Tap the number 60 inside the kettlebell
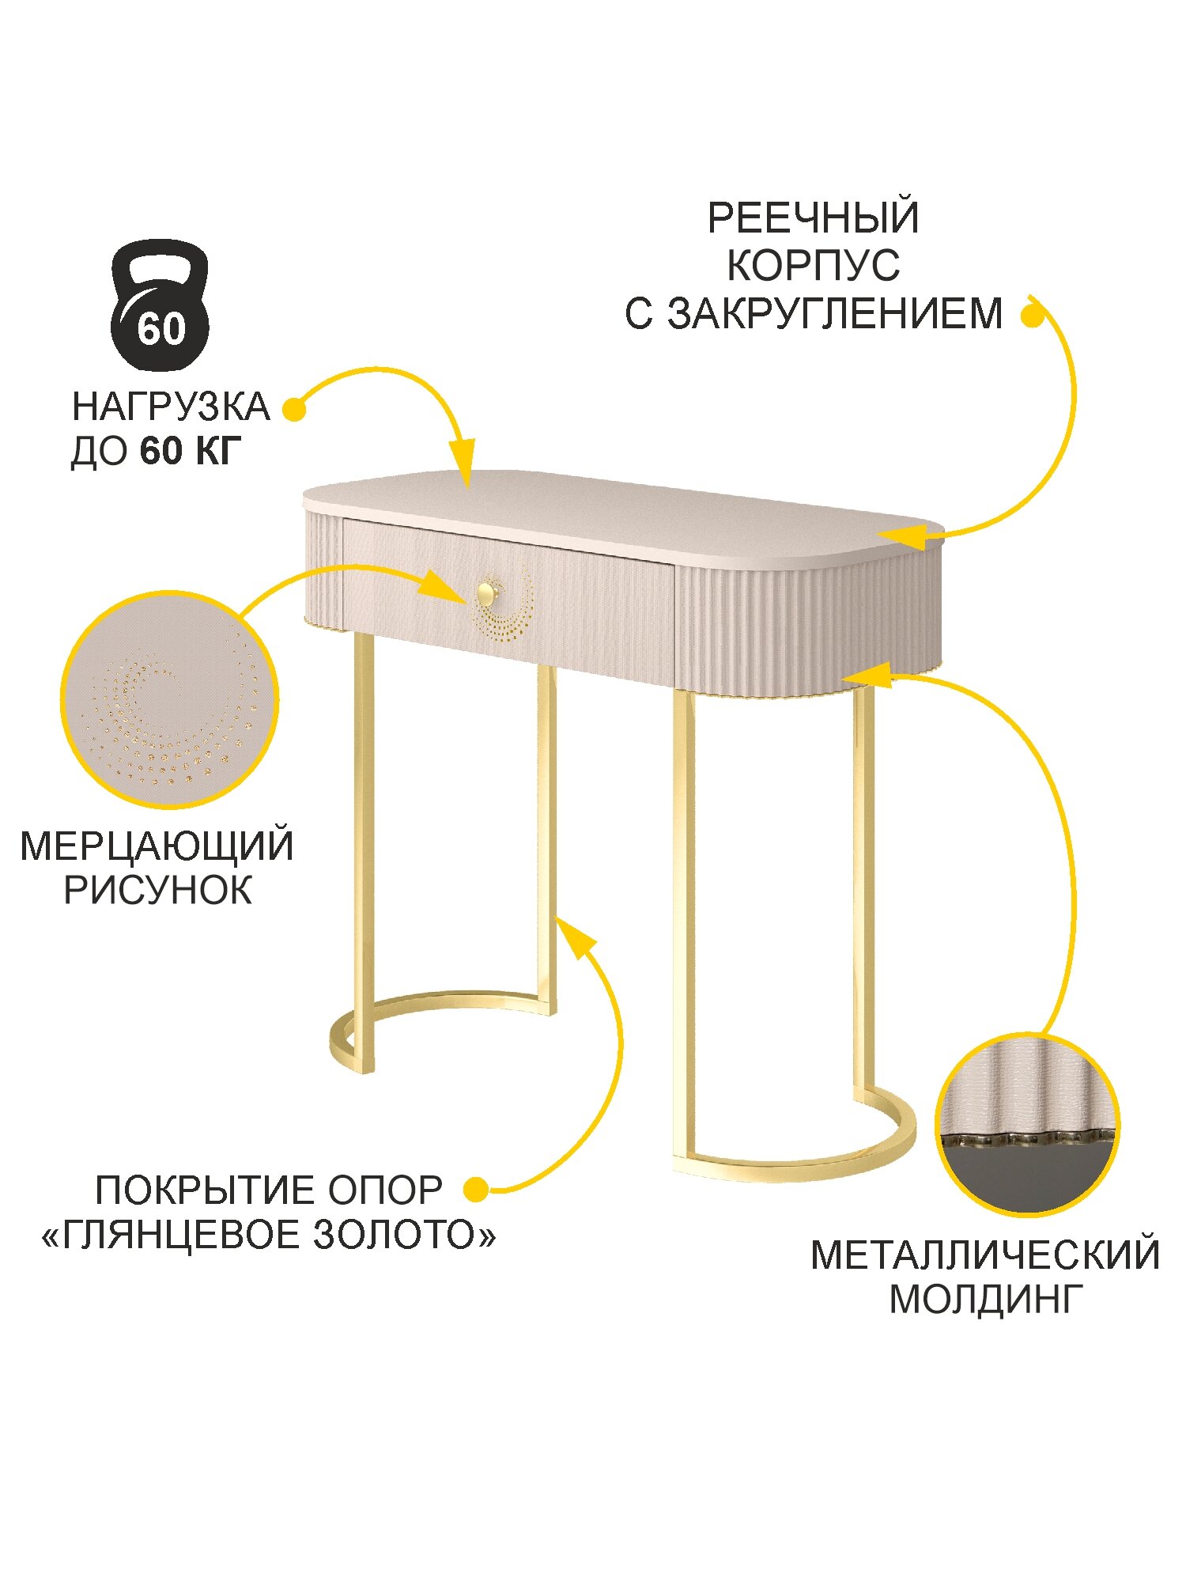pyautogui.click(x=161, y=328)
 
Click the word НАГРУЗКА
pyautogui.click(x=171, y=407)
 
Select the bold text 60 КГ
pyautogui.click(x=190, y=452)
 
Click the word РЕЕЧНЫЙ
pyautogui.click(x=813, y=218)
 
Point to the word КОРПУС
pyautogui.click(x=813, y=266)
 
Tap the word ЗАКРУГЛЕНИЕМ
pyautogui.click(x=835, y=314)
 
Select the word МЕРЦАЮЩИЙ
pyautogui.click(x=157, y=846)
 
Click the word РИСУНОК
pyautogui.click(x=157, y=891)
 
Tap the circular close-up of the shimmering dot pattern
pyautogui.click(x=169, y=699)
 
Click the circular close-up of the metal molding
pyautogui.click(x=1027, y=1124)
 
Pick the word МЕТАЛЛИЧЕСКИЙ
pyautogui.click(x=985, y=1255)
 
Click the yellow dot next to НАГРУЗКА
pyautogui.click(x=294, y=410)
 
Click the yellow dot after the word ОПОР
pyautogui.click(x=476, y=1189)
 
